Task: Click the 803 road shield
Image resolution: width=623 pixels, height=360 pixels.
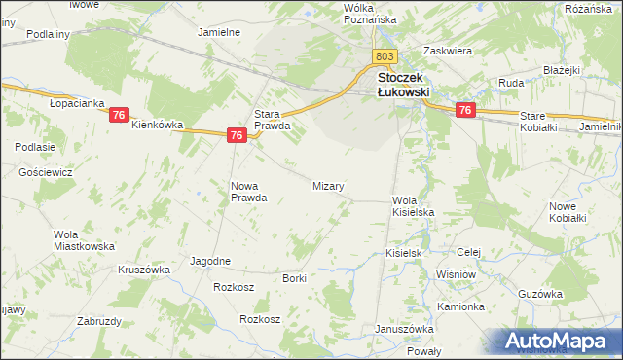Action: (385, 57)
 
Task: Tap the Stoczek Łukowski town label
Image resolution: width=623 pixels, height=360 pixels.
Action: (403, 86)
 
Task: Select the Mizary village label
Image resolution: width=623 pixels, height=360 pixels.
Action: (328, 185)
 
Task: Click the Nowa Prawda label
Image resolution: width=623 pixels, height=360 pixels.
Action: (248, 192)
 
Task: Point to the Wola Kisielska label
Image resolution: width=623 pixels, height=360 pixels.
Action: (412, 205)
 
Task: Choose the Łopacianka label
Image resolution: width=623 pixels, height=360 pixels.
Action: (77, 103)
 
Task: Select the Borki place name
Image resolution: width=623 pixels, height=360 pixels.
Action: (294, 278)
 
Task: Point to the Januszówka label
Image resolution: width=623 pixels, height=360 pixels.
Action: (403, 328)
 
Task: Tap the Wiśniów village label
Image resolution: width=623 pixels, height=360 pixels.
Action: (456, 275)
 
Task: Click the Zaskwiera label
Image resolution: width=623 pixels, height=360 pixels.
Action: (448, 50)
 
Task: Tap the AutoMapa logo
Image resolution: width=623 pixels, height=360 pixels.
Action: (558, 341)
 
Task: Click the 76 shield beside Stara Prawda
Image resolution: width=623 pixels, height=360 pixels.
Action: (237, 137)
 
